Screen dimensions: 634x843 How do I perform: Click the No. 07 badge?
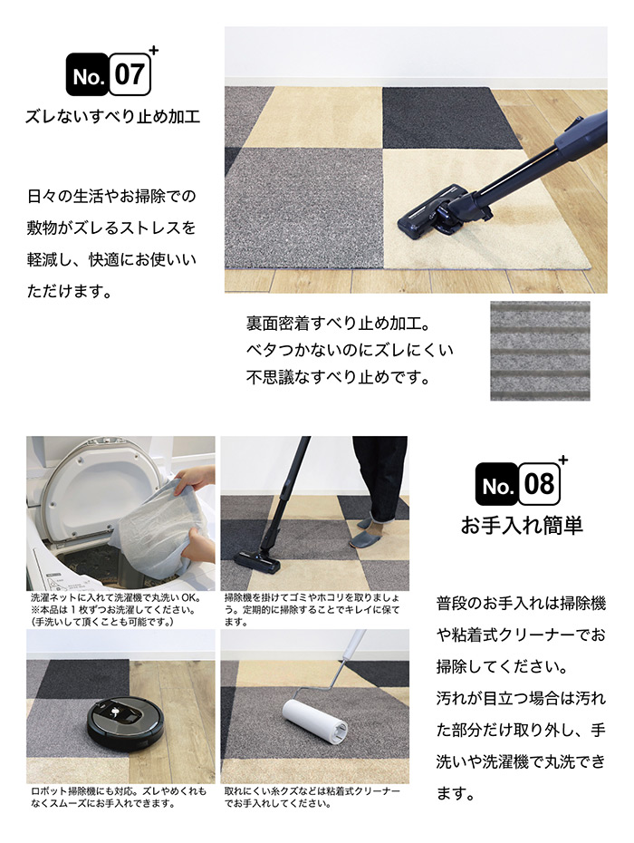tap(109, 74)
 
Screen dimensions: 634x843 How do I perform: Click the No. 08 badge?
tap(518, 484)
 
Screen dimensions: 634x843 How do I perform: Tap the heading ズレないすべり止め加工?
tap(113, 116)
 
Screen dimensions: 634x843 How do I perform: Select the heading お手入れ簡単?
tap(522, 525)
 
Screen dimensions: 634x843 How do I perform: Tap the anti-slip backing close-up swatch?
tap(540, 351)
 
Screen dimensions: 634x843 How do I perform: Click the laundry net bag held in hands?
tap(156, 529)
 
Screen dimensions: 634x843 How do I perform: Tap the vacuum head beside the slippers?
tap(257, 563)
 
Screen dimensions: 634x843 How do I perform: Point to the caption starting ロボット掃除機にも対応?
tap(119, 798)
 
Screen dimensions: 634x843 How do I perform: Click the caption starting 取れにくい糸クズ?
tap(312, 798)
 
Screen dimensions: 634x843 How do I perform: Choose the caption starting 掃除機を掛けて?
tap(312, 610)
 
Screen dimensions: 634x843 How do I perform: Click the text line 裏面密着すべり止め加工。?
tap(338, 323)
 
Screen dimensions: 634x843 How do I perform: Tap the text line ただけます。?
tap(70, 291)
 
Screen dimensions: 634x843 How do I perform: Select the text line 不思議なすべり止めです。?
tap(339, 377)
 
